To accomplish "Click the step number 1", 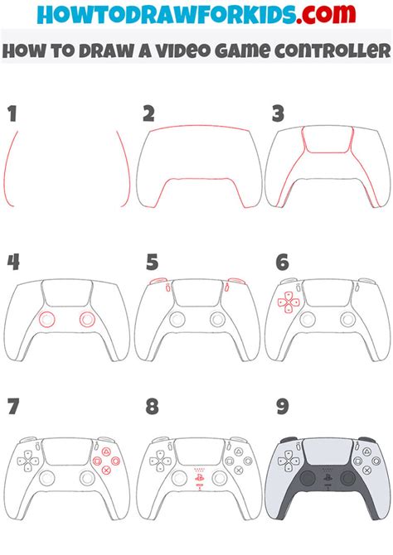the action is (x=13, y=113).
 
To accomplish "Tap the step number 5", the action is (x=153, y=263).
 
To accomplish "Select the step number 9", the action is (x=282, y=407).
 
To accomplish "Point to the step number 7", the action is (x=13, y=407).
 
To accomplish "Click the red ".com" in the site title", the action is (x=326, y=13).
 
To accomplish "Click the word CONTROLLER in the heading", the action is (x=332, y=51).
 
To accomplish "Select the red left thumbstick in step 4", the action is (x=46, y=320).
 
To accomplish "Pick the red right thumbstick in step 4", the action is (x=87, y=320).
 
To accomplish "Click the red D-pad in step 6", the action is (x=289, y=302).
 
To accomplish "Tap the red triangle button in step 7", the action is (x=106, y=452).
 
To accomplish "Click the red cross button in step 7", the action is (x=106, y=470).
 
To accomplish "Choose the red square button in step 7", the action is (x=97, y=461).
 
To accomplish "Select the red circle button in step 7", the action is (x=115, y=461).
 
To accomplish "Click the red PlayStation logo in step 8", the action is (x=199, y=477).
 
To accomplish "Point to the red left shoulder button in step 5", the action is (x=158, y=281).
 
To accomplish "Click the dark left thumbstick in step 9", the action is (x=308, y=478).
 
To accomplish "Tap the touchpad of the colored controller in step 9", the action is (x=327, y=451).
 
